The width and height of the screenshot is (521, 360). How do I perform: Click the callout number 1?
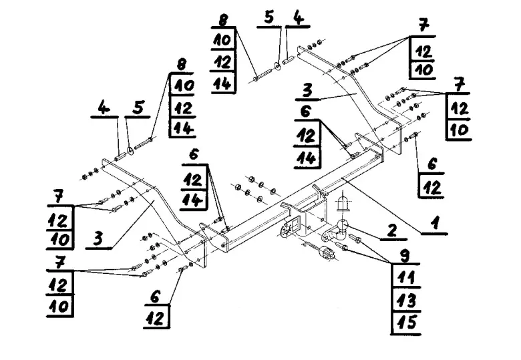click(435, 223)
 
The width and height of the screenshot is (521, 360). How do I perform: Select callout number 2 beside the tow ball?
click(392, 230)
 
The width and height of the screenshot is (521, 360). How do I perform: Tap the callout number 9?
click(405, 256)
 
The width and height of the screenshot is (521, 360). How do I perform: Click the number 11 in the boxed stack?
click(406, 277)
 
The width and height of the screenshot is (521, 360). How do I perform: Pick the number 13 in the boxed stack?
click(407, 301)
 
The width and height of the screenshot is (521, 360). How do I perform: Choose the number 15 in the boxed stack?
click(407, 322)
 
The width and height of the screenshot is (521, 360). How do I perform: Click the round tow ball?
click(341, 226)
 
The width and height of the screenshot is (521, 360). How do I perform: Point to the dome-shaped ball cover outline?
click(343, 202)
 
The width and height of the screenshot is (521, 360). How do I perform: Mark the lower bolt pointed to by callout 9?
click(342, 246)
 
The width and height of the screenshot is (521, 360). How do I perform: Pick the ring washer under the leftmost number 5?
click(131, 151)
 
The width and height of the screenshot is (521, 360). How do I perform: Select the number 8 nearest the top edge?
click(223, 20)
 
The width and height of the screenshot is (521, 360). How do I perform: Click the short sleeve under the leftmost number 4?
click(120, 156)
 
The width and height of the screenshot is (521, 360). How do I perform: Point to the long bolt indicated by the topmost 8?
click(263, 75)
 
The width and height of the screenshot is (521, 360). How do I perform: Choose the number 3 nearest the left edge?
click(98, 238)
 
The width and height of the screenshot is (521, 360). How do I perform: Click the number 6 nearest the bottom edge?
click(155, 297)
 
